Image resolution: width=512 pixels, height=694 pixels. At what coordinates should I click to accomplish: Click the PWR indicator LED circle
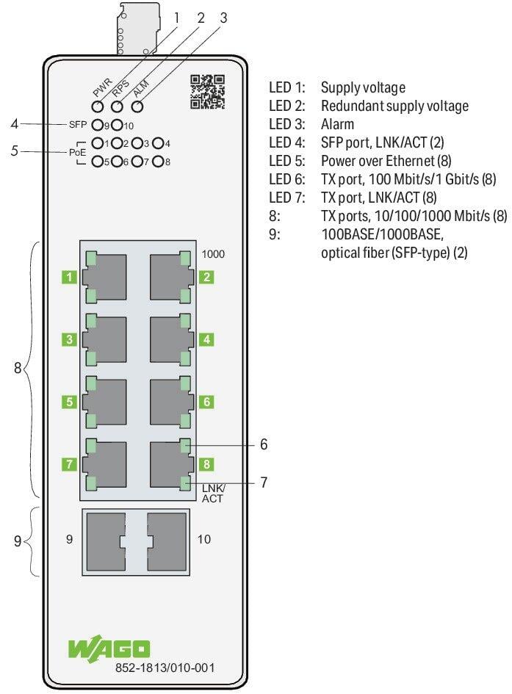click(98, 106)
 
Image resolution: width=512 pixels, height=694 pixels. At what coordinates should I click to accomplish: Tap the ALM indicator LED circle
click(137, 106)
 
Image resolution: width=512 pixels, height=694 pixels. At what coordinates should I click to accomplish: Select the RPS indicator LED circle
click(118, 106)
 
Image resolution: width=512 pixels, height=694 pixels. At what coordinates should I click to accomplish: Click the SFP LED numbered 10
click(117, 126)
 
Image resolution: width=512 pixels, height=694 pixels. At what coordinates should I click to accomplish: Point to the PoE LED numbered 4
click(158, 143)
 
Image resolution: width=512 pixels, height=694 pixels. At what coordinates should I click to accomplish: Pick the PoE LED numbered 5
click(98, 162)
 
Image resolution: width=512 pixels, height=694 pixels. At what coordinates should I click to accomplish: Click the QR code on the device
click(208, 92)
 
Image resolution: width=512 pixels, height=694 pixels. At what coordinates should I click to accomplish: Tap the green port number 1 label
click(69, 278)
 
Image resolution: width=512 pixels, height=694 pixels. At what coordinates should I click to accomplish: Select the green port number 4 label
click(206, 340)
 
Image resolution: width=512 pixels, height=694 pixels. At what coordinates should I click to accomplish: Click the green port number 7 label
click(69, 464)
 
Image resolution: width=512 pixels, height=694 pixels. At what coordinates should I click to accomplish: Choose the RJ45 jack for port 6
click(172, 402)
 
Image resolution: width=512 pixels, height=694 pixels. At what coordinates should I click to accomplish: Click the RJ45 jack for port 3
click(104, 339)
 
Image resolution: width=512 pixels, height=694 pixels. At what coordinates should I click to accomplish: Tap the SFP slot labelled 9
click(107, 542)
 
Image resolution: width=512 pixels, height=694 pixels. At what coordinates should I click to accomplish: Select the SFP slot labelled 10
click(167, 542)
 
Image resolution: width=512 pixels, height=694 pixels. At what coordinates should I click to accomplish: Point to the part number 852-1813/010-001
click(165, 668)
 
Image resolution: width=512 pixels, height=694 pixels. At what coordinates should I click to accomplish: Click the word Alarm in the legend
click(337, 124)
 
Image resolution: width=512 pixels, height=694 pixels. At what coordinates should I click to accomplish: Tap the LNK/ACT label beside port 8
click(213, 493)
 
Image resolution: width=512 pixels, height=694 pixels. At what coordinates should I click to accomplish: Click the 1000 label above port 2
click(213, 254)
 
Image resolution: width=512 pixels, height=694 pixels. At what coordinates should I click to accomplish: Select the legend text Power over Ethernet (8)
click(386, 161)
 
